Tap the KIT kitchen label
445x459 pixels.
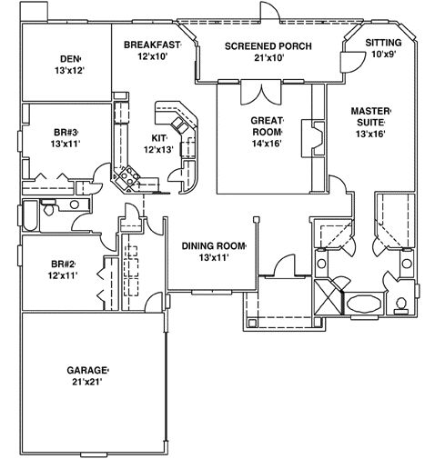coord(157,138)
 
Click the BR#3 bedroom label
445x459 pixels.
coord(67,132)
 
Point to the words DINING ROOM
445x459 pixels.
coord(215,245)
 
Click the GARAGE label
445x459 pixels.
coord(87,371)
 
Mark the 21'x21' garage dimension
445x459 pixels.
coord(87,384)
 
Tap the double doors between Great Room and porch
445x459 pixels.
coord(262,94)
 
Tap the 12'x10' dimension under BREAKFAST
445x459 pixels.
coord(153,56)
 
